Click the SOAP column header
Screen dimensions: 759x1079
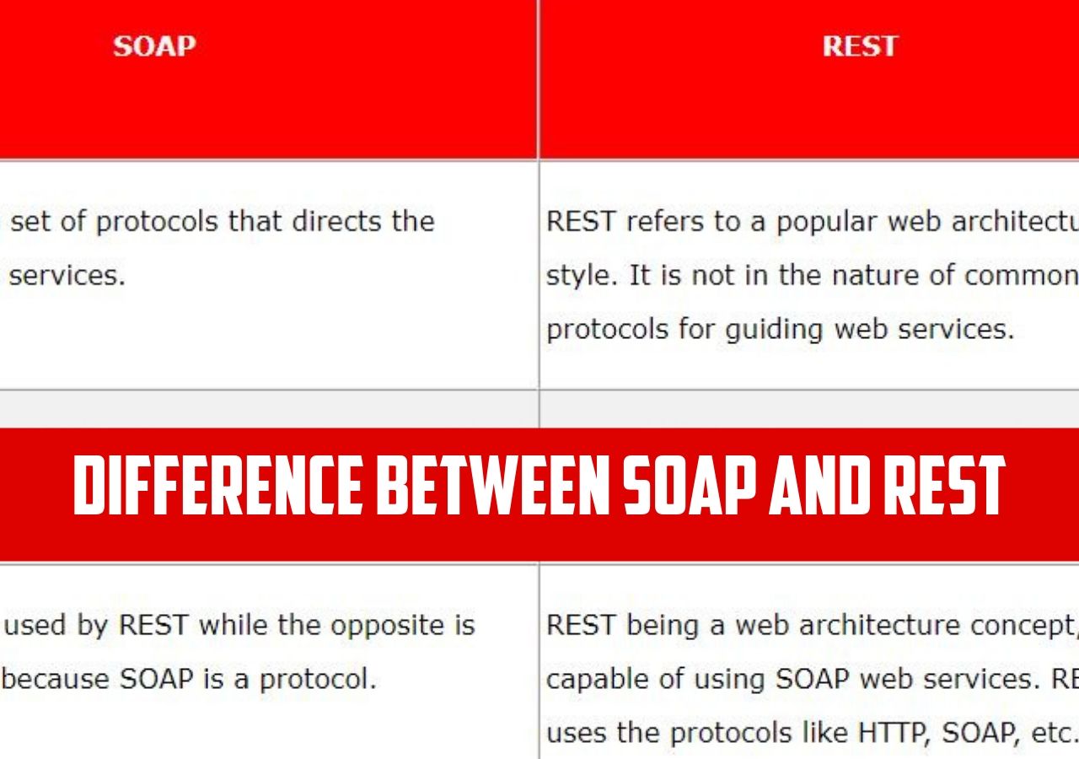click(x=154, y=46)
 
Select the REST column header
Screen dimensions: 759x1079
click(x=860, y=46)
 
